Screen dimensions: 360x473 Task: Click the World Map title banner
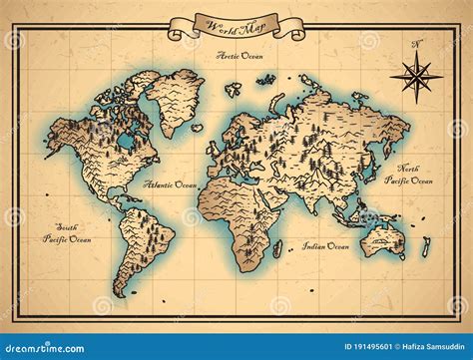tap(236, 26)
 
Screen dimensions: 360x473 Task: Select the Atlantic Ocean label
tap(170, 184)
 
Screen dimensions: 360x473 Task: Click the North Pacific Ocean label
tap(414, 175)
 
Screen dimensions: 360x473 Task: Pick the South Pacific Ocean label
tap(67, 233)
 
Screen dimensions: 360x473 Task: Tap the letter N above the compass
tap(417, 43)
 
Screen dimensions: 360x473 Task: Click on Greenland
tap(175, 98)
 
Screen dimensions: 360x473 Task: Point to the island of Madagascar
tap(278, 248)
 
